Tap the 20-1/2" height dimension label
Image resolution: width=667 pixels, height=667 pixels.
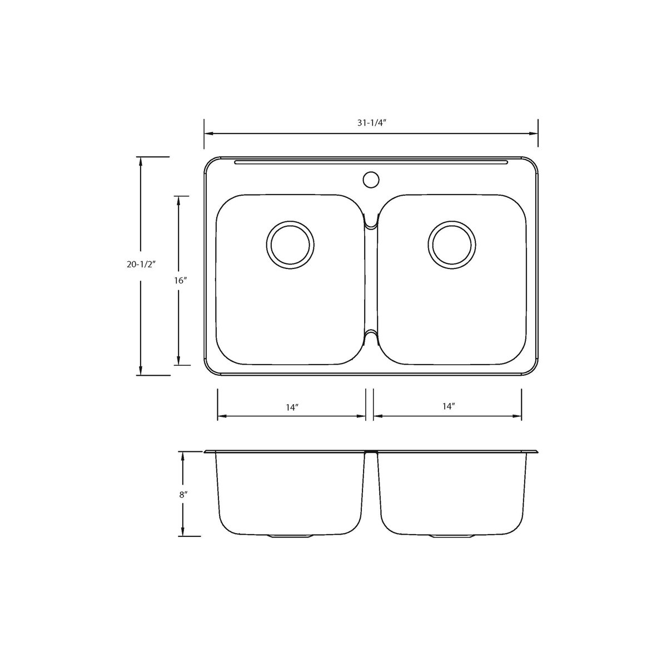(140, 265)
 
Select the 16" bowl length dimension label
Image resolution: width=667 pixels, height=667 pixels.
(179, 281)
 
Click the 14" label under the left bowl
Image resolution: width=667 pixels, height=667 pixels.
(292, 407)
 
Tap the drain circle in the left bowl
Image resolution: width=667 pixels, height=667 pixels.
(290, 245)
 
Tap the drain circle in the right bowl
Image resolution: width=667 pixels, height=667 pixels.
(452, 245)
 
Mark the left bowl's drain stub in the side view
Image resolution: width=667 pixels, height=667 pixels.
(290, 536)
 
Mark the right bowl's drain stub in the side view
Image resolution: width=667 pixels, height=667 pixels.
(452, 536)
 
